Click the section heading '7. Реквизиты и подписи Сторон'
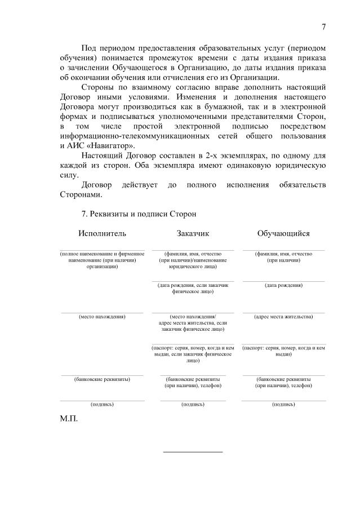click(139, 214)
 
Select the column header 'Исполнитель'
click(103, 233)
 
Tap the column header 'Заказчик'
click(193, 233)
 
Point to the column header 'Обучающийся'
click(283, 233)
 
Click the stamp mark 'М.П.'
click(69, 420)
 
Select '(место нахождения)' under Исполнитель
click(102, 317)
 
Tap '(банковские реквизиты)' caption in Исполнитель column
click(102, 379)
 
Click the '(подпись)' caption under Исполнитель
click(102, 405)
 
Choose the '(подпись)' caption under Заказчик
click(193, 405)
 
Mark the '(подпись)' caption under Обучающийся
click(283, 405)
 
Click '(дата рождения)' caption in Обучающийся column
click(283, 285)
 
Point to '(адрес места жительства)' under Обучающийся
click(283, 317)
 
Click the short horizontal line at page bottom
click(193, 451)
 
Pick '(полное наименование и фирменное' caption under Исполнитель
click(102, 254)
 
